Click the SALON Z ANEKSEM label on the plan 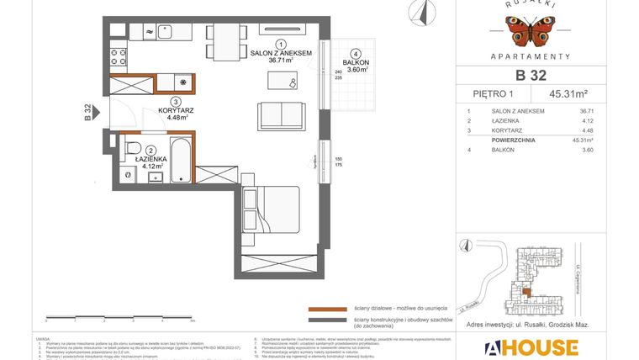click(281, 52)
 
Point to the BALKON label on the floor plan click(356, 63)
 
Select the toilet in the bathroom click(131, 151)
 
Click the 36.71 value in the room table click(586, 111)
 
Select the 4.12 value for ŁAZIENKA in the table click(586, 121)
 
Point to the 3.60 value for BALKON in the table click(586, 150)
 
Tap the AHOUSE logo click(531, 347)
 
